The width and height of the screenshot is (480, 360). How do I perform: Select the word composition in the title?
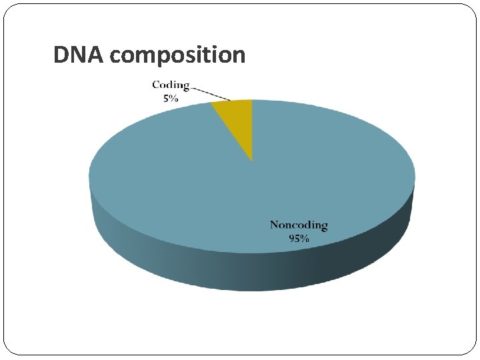[177, 55]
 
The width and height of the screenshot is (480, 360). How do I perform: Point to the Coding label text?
[171, 85]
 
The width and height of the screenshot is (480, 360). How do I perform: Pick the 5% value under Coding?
[171, 97]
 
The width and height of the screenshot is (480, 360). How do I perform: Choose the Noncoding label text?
[299, 225]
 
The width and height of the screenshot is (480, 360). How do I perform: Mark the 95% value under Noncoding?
[299, 238]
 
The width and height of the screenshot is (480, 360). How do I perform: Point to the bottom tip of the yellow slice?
[252, 159]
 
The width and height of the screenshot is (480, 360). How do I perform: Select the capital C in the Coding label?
[156, 85]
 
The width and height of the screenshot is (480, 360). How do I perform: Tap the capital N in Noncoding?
[274, 225]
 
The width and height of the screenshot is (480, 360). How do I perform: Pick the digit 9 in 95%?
[292, 238]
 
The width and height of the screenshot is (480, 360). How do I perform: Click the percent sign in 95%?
[305, 238]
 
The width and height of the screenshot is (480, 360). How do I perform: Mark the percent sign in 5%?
[174, 97]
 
